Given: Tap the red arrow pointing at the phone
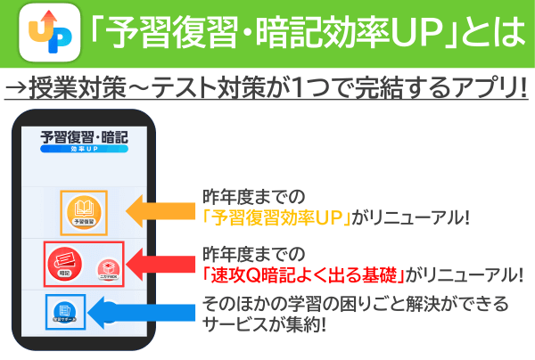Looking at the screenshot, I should [x=160, y=263].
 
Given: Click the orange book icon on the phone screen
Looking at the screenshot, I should [x=84, y=211].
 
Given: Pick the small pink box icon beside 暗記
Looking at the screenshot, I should [x=108, y=267].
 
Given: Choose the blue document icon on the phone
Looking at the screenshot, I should [x=65, y=312].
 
